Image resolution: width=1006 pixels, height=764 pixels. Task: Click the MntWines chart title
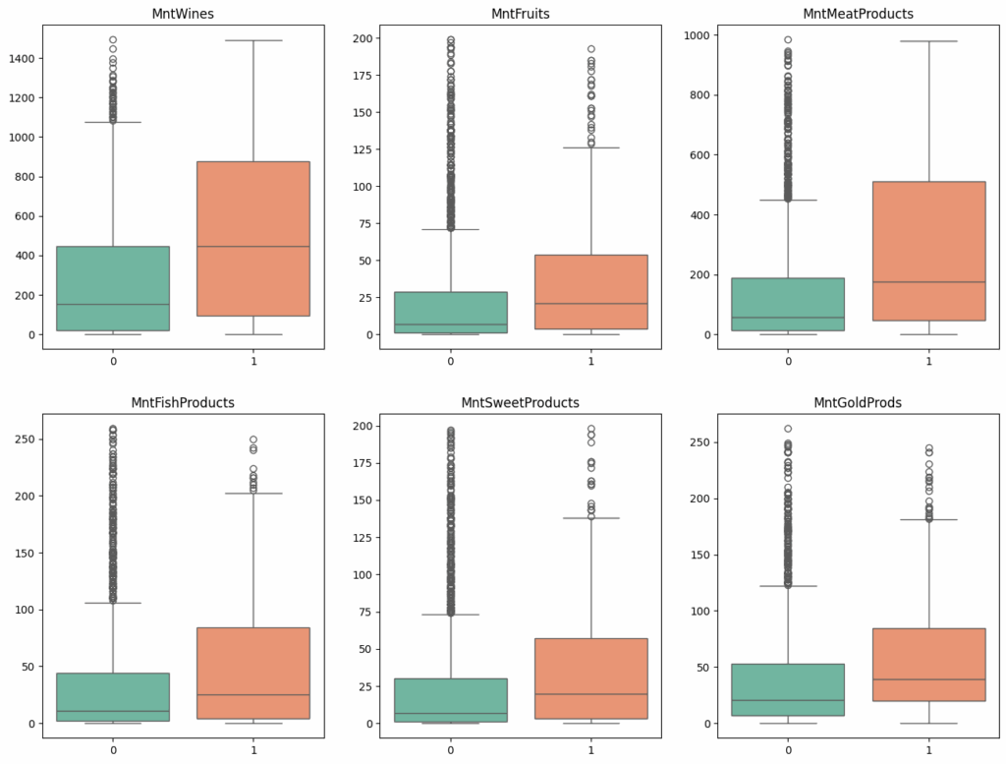click(183, 14)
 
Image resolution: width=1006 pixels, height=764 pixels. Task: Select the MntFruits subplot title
click(521, 14)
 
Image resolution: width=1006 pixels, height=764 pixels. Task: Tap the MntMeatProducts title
click(859, 14)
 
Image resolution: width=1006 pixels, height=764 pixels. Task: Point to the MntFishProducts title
click(183, 403)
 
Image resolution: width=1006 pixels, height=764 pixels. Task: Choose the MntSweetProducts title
click(521, 403)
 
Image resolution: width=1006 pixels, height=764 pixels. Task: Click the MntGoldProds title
click(859, 403)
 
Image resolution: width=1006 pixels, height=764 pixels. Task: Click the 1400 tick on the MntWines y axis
click(21, 59)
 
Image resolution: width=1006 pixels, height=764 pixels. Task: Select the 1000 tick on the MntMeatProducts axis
click(699, 35)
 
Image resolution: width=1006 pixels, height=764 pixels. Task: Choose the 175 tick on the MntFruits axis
click(363, 76)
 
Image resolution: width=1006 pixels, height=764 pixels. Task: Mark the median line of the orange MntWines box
click(253, 246)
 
